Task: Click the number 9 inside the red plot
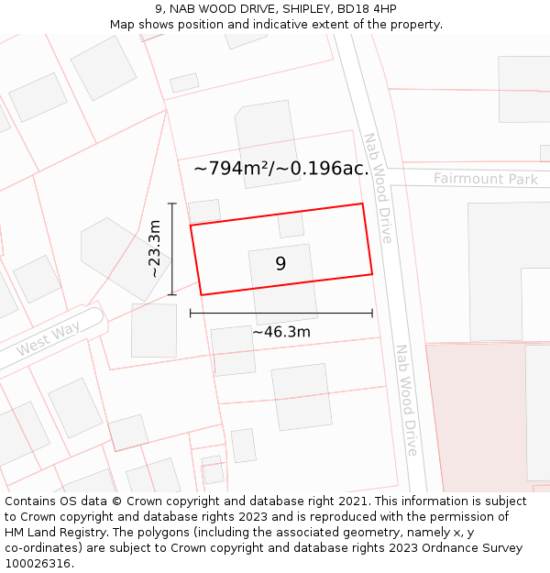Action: click(280, 264)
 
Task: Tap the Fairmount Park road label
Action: click(486, 179)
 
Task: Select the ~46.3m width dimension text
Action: click(281, 331)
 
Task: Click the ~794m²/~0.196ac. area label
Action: click(281, 168)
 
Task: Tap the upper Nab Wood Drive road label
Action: click(378, 188)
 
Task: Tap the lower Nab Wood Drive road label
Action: click(406, 400)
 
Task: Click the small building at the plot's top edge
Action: click(291, 226)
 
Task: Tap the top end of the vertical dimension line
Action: click(172, 204)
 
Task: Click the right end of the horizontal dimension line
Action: click(372, 313)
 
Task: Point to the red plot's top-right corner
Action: click(363, 204)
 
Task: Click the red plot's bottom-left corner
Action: click(201, 294)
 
